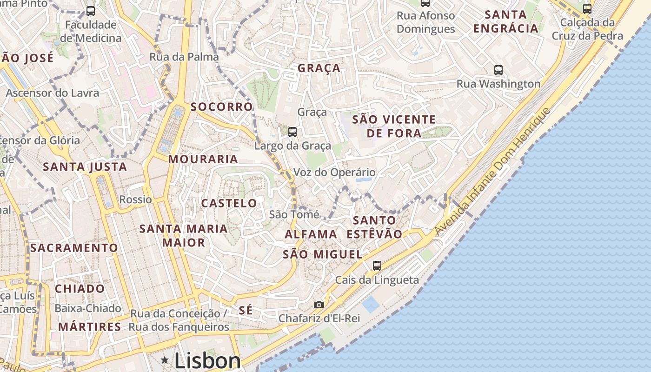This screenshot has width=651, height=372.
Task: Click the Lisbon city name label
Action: pyautogui.click(x=207, y=361)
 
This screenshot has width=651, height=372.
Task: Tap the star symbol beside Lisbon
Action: pyautogui.click(x=165, y=360)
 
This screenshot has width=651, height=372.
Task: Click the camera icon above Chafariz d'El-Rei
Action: pyautogui.click(x=319, y=305)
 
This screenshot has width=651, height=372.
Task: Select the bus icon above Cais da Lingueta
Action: pyautogui.click(x=377, y=266)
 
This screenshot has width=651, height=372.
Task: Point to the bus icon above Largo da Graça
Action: pyautogui.click(x=292, y=132)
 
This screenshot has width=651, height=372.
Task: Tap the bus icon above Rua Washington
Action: pyautogui.click(x=498, y=70)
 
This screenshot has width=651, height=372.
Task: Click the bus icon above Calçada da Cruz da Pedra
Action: pyautogui.click(x=587, y=8)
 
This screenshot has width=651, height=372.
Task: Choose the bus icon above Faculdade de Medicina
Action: pyautogui.click(x=91, y=11)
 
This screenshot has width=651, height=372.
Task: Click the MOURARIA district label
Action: pyautogui.click(x=203, y=159)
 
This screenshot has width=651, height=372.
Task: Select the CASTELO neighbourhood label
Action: pyautogui.click(x=229, y=203)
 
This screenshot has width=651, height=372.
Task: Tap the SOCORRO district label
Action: pyautogui.click(x=221, y=106)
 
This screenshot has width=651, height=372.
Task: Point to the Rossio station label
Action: pyautogui.click(x=136, y=199)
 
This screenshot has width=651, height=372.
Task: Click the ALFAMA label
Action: pyautogui.click(x=311, y=234)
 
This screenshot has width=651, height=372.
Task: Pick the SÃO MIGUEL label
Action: pyautogui.click(x=323, y=254)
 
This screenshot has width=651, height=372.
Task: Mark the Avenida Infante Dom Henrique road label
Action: pyautogui.click(x=493, y=172)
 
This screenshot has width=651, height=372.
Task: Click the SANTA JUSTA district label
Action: pyautogui.click(x=85, y=166)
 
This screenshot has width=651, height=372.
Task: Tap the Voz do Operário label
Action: pyautogui.click(x=334, y=173)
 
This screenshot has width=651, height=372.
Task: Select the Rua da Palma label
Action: pyautogui.click(x=184, y=57)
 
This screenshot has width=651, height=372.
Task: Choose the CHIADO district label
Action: pyautogui.click(x=80, y=289)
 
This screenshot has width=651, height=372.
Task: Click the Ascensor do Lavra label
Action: pyautogui.click(x=53, y=93)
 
